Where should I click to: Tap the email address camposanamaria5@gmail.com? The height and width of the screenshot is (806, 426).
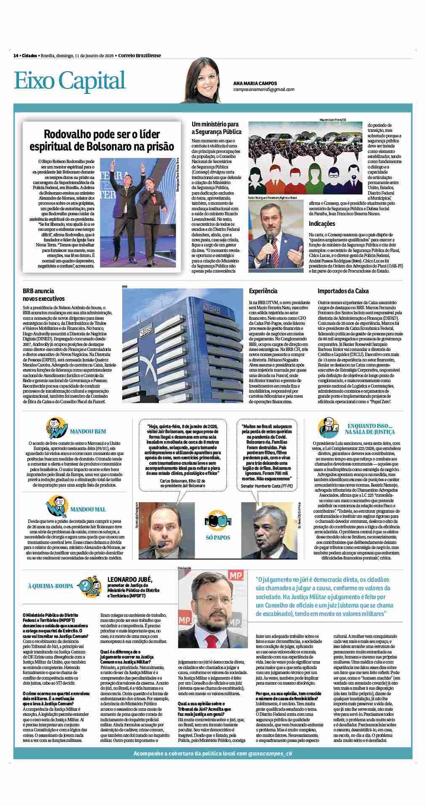tap(264, 90)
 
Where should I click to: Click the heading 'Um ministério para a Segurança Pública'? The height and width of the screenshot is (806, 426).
tap(215, 128)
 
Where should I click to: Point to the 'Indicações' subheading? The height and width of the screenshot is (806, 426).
tap(322, 224)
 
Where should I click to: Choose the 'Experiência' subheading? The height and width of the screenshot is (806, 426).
tap(263, 291)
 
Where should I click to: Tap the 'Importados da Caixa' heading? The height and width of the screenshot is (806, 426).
tap(343, 291)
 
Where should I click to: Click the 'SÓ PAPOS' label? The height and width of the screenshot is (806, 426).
tap(218, 538)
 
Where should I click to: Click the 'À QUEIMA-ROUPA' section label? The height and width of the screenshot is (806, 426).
tap(50, 586)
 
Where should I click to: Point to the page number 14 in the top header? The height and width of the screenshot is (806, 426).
tap(16, 56)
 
